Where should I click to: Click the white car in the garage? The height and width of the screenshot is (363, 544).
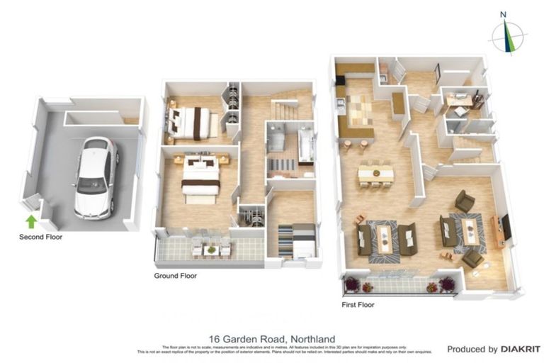coord(94,177)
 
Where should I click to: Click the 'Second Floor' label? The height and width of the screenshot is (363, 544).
coord(40,237)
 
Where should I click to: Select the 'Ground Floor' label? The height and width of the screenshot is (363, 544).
coord(176,276)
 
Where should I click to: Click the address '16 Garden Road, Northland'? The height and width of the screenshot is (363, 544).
coord(272,339)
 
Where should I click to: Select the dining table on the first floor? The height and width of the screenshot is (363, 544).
coord(375,172)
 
